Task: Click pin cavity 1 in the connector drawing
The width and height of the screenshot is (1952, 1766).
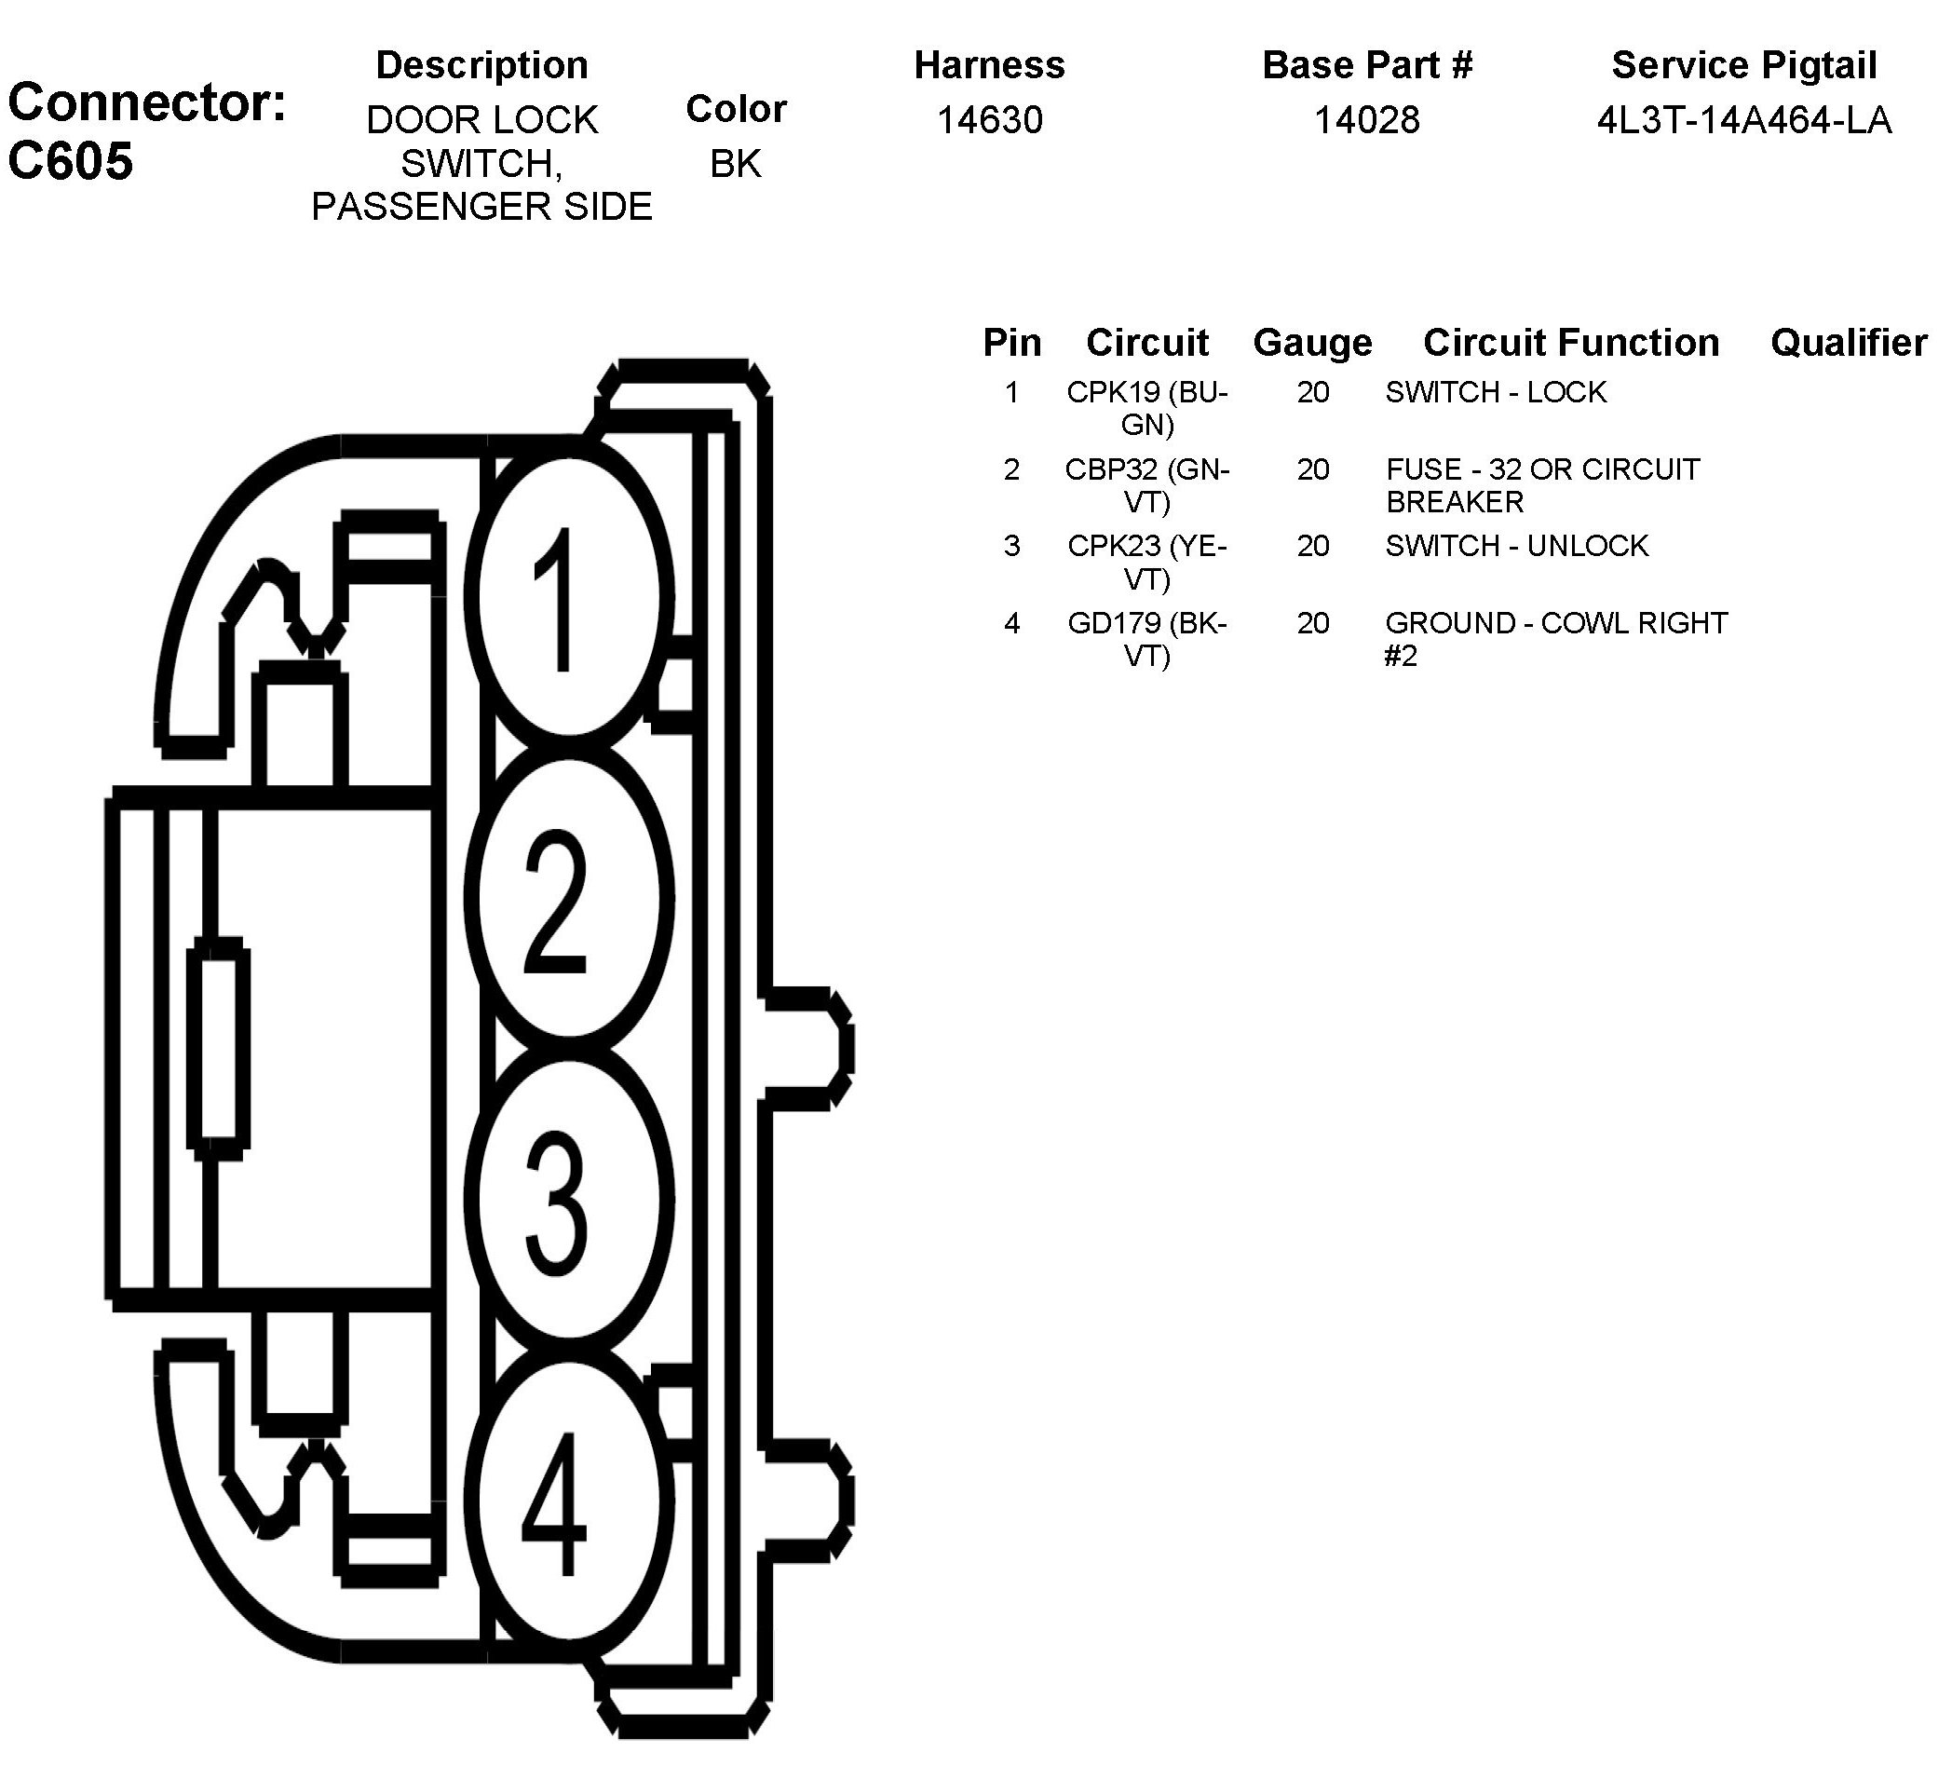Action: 568,597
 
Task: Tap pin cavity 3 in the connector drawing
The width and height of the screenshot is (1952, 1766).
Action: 568,1199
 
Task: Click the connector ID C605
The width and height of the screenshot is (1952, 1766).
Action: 70,161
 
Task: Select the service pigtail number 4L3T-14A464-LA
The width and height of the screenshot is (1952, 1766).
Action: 1743,120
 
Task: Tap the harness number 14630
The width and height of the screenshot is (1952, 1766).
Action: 989,120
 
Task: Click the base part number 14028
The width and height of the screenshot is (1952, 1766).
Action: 1366,120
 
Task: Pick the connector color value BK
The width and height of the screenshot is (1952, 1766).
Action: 735,164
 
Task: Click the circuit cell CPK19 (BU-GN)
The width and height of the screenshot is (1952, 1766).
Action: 1146,408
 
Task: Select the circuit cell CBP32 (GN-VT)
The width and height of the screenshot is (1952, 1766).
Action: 1146,485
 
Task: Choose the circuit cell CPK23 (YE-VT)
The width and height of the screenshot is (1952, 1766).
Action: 1146,562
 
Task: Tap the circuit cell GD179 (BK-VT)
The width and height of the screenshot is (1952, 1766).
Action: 1146,639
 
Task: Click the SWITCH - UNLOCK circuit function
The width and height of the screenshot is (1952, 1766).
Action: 1516,546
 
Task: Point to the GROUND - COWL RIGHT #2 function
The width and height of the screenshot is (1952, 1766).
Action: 1555,639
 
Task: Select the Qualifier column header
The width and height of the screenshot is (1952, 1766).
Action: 1849,343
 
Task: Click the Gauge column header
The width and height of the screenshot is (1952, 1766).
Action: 1312,343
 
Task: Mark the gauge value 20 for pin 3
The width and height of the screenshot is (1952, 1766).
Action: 1313,546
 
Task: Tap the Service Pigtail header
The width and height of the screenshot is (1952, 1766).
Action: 1743,65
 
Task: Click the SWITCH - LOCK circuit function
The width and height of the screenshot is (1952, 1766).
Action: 1495,392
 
